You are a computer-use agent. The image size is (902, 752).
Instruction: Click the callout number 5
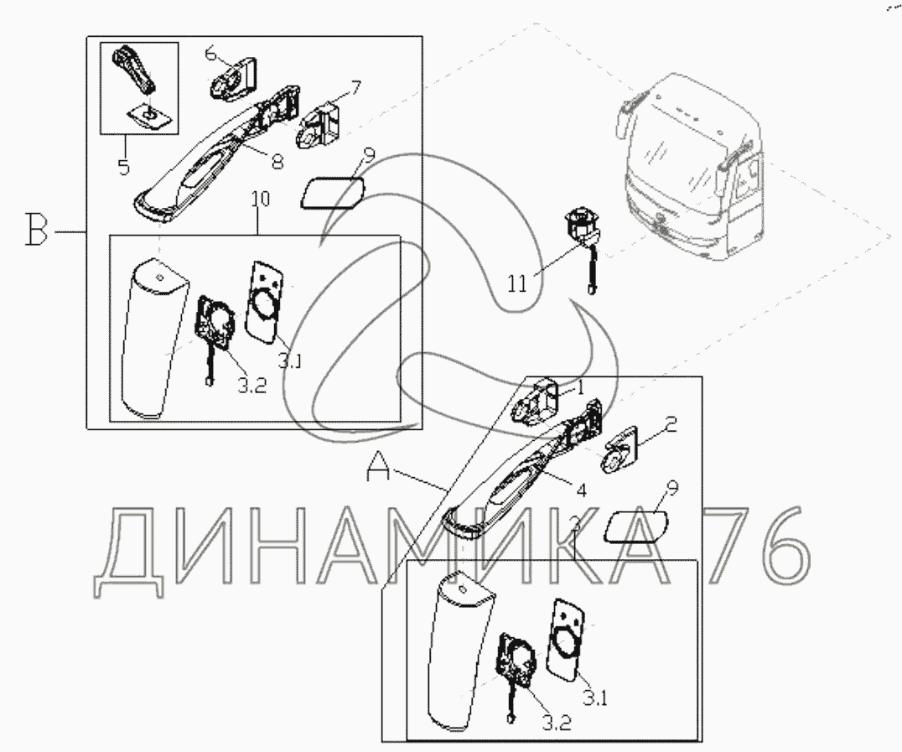(124, 167)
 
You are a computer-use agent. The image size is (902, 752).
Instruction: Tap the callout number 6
(210, 54)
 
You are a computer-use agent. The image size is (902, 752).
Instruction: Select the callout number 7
(356, 88)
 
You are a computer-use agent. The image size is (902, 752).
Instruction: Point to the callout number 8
(277, 162)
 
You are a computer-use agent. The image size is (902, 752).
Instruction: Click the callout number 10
(260, 199)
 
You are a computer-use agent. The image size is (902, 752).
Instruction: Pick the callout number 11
(517, 284)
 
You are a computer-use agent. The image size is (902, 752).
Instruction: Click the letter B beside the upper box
(36, 228)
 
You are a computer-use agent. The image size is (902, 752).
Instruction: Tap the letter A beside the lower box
(378, 465)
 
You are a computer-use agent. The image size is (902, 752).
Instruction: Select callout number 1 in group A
(580, 389)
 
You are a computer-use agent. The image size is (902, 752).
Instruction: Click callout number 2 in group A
(670, 424)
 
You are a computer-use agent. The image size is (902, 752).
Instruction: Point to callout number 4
(581, 490)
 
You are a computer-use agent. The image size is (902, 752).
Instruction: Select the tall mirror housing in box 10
(153, 339)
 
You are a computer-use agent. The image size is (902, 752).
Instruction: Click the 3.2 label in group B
(252, 385)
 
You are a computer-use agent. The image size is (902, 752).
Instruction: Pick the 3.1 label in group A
(595, 698)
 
